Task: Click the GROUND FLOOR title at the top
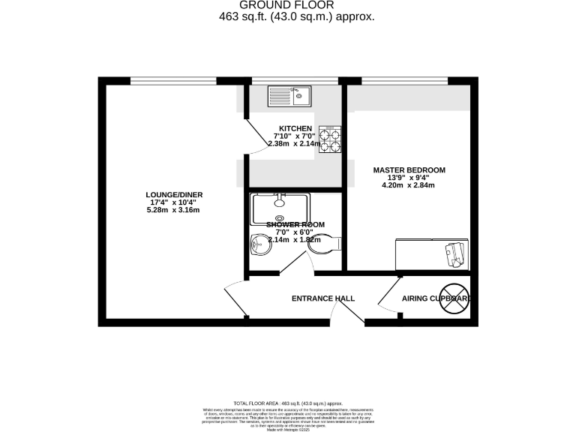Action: tap(287, 4)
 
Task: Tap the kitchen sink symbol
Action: tap(288, 96)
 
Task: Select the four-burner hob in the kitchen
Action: tap(329, 139)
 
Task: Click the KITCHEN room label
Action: tap(295, 128)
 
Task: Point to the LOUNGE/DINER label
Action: tap(174, 195)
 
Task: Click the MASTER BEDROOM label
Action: tap(409, 169)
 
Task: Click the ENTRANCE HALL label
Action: tap(323, 298)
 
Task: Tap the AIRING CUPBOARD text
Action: tap(435, 298)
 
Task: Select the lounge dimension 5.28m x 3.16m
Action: tap(174, 210)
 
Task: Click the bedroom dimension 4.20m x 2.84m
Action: tap(409, 184)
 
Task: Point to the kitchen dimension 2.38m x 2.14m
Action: tap(295, 143)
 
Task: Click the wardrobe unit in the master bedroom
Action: tap(432, 253)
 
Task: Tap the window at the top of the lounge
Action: tap(173, 80)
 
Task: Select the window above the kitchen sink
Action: tap(295, 80)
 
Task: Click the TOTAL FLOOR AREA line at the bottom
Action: tap(287, 403)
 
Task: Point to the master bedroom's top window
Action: tap(405, 80)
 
